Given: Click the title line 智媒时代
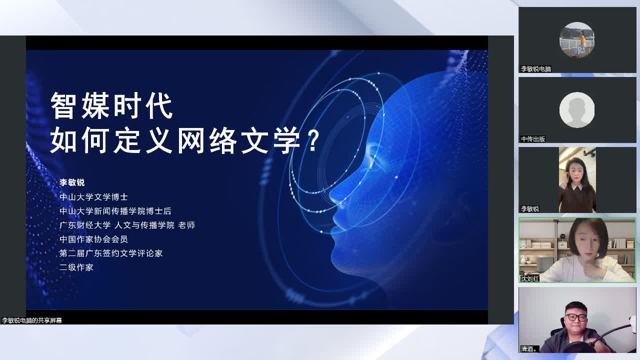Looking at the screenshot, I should (x=111, y=105).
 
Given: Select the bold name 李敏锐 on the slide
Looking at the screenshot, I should (x=72, y=182).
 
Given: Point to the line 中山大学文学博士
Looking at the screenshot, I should (x=93, y=197).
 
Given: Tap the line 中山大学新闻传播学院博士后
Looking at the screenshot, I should (x=115, y=211).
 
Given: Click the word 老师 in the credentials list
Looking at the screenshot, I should (x=186, y=225).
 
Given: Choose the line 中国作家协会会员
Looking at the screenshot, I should (x=93, y=239).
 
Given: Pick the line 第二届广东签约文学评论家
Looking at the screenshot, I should (x=111, y=253).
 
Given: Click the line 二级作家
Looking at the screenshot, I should (x=76, y=267).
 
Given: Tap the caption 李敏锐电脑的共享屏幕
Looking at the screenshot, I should (x=32, y=320).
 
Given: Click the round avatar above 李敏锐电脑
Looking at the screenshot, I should (x=577, y=39).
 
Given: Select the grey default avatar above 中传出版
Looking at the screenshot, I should (x=577, y=109).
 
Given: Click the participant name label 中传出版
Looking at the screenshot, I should (x=533, y=139).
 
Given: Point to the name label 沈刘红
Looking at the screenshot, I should (x=530, y=278).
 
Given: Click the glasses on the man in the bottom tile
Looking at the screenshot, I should (x=575, y=317).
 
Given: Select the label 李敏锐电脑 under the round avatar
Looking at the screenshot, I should (x=536, y=69).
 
